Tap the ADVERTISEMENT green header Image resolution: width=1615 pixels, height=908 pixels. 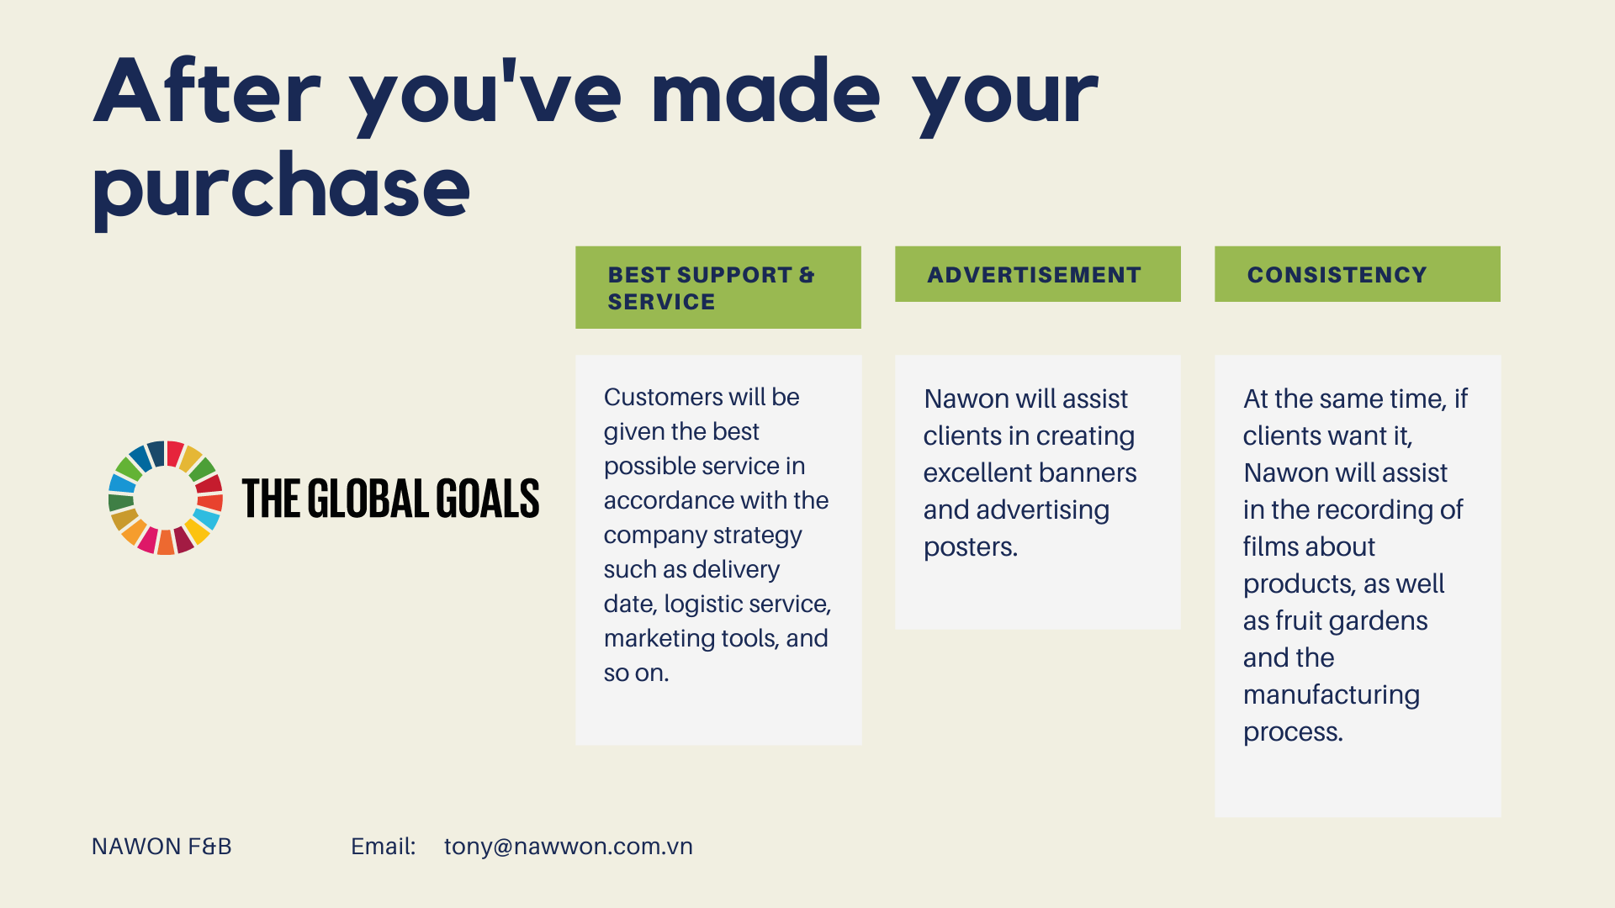click(1037, 274)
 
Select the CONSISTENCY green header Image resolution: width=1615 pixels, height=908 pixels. click(1357, 274)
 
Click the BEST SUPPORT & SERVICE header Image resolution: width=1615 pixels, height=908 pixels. click(717, 288)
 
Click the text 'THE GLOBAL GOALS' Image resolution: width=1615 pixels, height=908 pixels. click(390, 499)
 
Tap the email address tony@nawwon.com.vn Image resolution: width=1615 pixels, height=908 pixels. click(569, 847)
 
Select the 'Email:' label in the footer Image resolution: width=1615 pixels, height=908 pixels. click(384, 847)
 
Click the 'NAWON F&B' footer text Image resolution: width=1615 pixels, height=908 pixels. click(161, 847)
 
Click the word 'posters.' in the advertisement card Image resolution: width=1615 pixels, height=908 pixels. click(971, 547)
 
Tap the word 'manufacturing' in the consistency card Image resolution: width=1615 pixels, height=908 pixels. click(1332, 695)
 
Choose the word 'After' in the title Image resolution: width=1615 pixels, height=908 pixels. click(207, 92)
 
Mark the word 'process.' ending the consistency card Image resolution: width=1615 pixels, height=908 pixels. click(1293, 732)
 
